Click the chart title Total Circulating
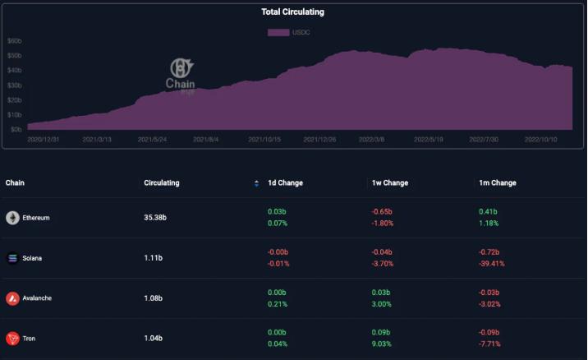pos(292,12)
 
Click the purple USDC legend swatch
pos(278,32)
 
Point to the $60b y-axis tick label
pos(14,40)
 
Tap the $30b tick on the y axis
pos(14,85)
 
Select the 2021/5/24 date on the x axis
pos(153,140)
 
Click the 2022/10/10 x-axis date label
pos(541,140)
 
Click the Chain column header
pos(16,182)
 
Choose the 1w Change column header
pos(390,182)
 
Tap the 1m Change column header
pos(498,182)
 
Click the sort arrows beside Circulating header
pos(257,183)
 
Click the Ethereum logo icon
pos(12,218)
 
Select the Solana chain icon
pos(12,258)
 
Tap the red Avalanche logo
pos(12,298)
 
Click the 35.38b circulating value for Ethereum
pos(156,218)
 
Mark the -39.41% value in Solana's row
pos(493,264)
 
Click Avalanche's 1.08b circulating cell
pos(154,298)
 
